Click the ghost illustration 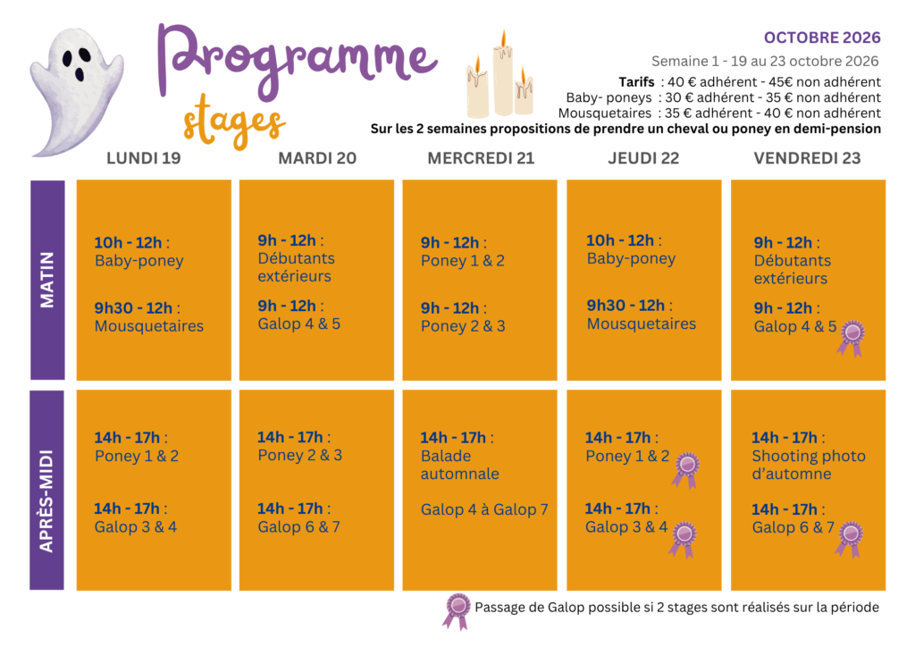point(76,90)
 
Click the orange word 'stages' point(234,122)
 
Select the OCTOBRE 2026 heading point(822,38)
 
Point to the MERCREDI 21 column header point(481,158)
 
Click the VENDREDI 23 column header point(807,158)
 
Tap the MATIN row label point(46,280)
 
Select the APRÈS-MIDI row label point(46,500)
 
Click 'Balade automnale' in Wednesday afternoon point(460,465)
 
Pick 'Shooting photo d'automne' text point(808,465)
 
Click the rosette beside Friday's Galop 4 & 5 point(852,338)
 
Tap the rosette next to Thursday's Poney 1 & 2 point(686,470)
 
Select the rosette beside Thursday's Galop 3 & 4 point(684,540)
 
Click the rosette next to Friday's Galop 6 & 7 point(849,540)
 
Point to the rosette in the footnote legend point(457,612)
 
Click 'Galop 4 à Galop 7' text point(484,510)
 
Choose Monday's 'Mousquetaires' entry point(149,326)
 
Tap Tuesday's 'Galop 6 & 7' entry point(298,527)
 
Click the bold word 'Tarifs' point(636,82)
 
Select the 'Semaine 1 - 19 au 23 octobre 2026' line point(765,62)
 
